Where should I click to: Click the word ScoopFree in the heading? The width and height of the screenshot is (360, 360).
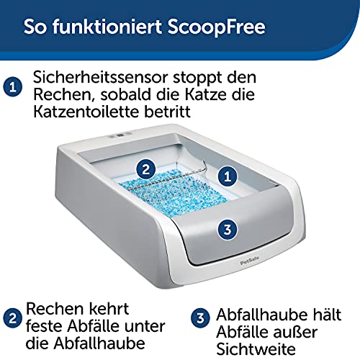(217, 27)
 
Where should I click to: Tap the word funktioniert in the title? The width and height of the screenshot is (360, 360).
(107, 26)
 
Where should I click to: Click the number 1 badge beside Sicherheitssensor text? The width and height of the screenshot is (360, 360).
(13, 87)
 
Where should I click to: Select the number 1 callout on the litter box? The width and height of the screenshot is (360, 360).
(228, 176)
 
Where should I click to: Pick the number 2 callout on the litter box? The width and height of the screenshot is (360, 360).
(146, 169)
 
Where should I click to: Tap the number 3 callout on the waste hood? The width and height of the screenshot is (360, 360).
(228, 230)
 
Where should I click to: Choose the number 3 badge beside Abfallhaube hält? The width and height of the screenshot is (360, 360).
(200, 318)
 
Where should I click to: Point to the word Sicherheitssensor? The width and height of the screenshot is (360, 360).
(101, 77)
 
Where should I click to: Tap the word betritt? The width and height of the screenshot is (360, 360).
(167, 112)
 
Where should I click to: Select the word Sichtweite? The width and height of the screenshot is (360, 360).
(256, 349)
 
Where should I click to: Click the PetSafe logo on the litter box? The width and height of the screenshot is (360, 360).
(250, 261)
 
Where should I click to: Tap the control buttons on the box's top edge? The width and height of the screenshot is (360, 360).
(120, 135)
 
